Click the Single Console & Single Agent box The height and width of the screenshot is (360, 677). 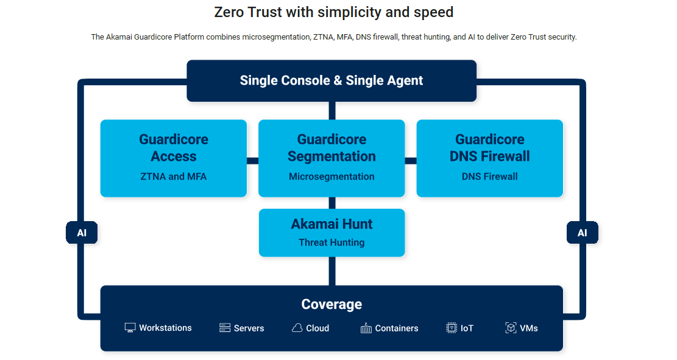click(331, 80)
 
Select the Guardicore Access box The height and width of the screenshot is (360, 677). click(174, 158)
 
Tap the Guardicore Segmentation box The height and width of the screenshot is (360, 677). click(331, 158)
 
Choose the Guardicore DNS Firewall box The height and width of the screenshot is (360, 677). click(489, 158)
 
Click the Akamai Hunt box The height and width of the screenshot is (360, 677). click(331, 233)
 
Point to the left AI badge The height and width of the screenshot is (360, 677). click(82, 233)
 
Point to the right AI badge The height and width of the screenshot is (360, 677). click(582, 233)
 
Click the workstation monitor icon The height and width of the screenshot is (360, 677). click(130, 328)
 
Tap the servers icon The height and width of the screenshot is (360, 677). click(225, 328)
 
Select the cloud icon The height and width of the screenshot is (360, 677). click(297, 328)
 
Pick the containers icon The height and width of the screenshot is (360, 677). click(366, 328)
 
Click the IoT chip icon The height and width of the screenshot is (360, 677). click(452, 328)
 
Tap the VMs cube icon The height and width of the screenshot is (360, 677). click(511, 328)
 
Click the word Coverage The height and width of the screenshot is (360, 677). click(331, 304)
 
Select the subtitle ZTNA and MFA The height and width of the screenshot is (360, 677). click(174, 177)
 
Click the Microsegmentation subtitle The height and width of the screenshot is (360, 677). click(331, 177)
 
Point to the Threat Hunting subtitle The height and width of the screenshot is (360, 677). click(331, 242)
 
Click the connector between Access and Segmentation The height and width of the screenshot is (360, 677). click(252, 161)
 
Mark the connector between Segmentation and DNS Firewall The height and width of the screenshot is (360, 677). click(410, 161)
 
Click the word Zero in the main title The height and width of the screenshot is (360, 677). click(229, 12)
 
